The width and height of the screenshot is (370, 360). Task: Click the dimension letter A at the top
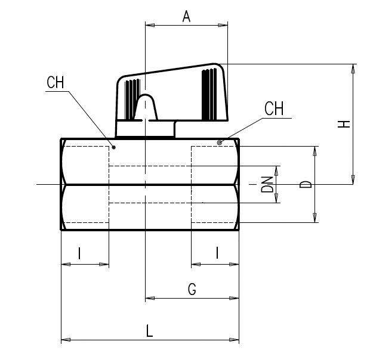(186, 16)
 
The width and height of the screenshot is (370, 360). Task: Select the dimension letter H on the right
(344, 124)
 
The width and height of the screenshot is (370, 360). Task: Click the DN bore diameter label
(267, 184)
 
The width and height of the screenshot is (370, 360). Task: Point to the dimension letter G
(192, 289)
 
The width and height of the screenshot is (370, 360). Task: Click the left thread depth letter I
(79, 253)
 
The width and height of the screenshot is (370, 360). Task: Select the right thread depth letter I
(217, 253)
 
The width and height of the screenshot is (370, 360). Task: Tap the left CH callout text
(55, 82)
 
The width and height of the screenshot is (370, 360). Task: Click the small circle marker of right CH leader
(220, 142)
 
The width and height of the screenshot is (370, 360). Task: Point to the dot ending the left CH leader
(113, 146)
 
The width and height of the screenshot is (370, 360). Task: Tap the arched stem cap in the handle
(145, 107)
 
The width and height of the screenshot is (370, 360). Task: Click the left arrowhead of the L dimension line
(65, 341)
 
